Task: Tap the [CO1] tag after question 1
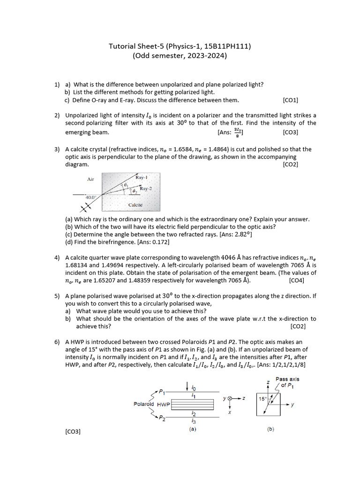pyautogui.click(x=290, y=100)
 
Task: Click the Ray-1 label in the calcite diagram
pyautogui.click(x=142, y=178)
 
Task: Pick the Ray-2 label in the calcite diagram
pyautogui.click(x=146, y=188)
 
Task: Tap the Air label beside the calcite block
pyautogui.click(x=90, y=179)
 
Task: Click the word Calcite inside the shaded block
pyautogui.click(x=135, y=205)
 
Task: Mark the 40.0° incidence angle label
pyautogui.click(x=90, y=197)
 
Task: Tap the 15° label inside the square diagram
pyautogui.click(x=262, y=399)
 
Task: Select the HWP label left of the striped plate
pyautogui.click(x=164, y=404)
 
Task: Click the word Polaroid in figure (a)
pyautogui.click(x=144, y=404)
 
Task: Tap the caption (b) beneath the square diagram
pyautogui.click(x=271, y=429)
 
